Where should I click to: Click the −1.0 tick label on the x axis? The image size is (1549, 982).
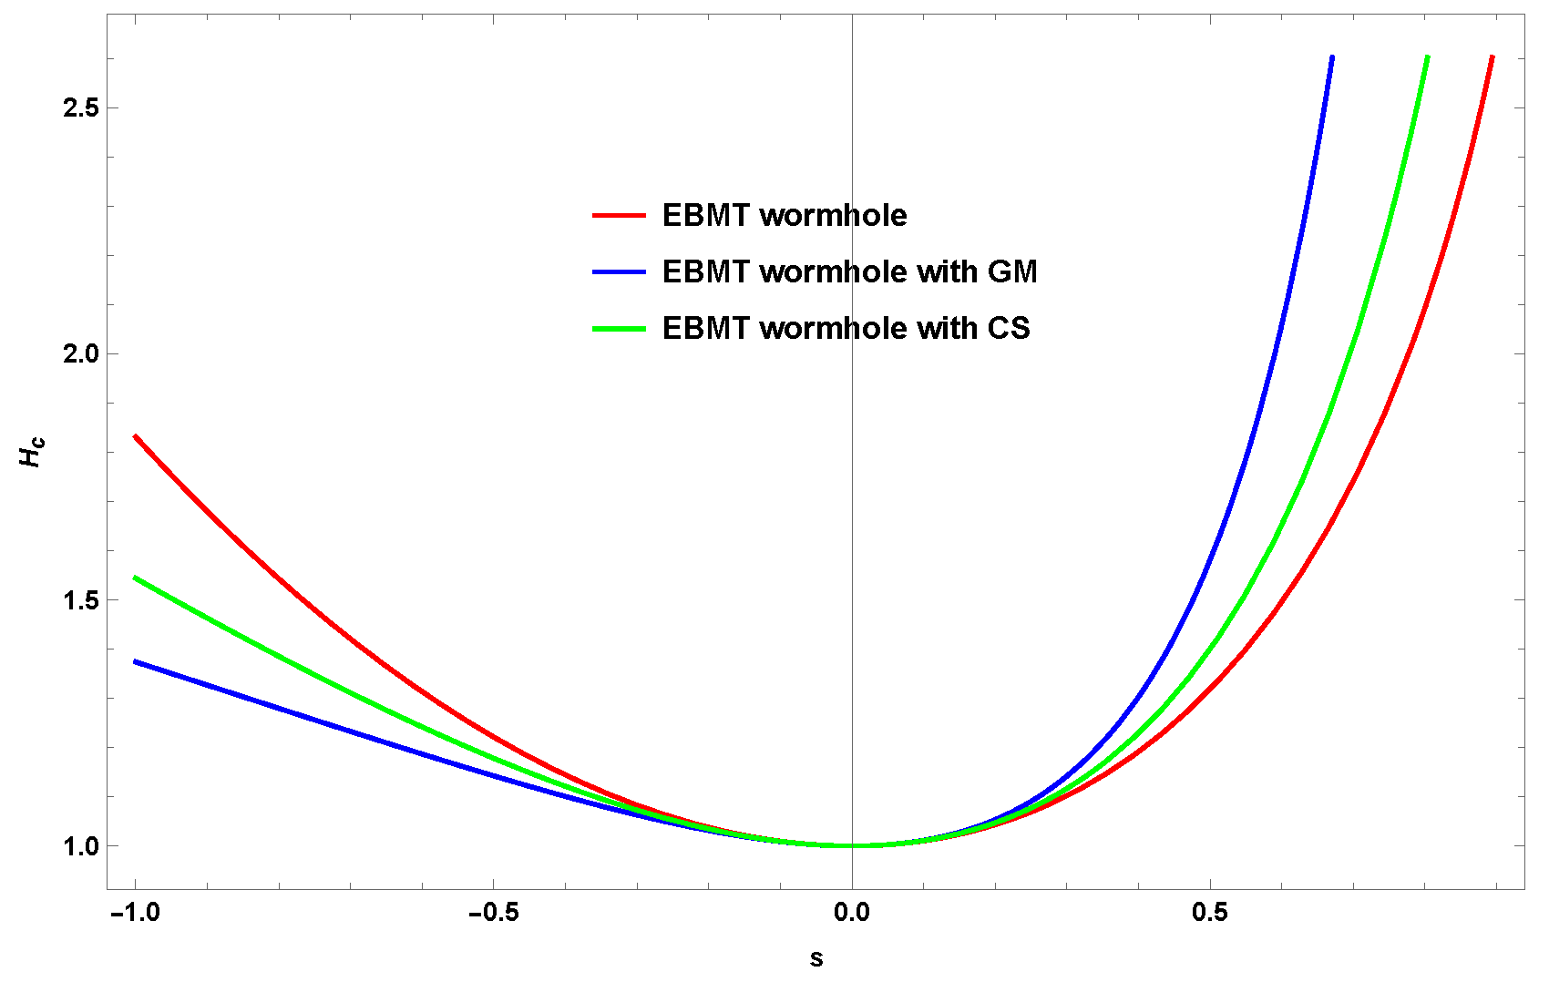135,913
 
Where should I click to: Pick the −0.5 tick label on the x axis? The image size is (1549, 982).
493,913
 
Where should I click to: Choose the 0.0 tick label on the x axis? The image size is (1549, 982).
852,913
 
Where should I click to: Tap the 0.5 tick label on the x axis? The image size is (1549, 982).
1210,913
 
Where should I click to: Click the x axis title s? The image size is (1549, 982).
816,959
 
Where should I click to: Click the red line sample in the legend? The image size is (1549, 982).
620,216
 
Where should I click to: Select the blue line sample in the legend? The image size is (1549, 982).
620,271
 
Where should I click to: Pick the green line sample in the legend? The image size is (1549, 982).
620,328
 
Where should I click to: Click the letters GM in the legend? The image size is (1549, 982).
1012,271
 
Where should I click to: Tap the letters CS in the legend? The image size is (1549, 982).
1009,328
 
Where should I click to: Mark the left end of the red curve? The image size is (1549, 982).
136,436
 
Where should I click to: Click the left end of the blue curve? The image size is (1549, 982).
136,661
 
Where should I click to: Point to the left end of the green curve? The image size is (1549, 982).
136,578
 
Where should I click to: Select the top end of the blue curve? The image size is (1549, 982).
1332,57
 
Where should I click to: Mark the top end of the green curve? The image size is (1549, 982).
1427,57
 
